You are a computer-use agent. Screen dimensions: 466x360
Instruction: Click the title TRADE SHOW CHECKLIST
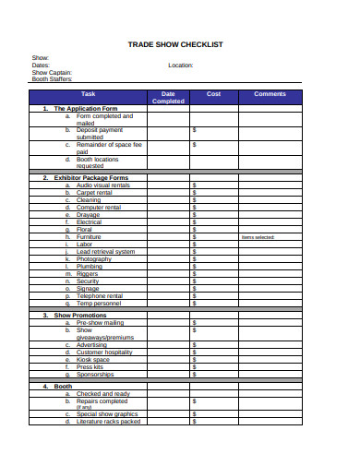[x=180, y=44]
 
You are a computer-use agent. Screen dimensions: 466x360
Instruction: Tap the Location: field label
[x=180, y=66]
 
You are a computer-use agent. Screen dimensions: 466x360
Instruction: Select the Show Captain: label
[x=52, y=72]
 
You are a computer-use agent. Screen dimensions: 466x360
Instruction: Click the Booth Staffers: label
[x=52, y=78]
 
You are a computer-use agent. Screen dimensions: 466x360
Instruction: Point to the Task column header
[x=88, y=94]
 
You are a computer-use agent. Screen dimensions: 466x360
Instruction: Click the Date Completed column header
[x=168, y=97]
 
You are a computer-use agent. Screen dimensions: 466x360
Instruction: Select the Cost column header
[x=213, y=94]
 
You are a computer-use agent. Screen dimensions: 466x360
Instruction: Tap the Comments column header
[x=270, y=94]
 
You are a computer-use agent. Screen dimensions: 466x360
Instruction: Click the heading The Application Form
[x=85, y=109]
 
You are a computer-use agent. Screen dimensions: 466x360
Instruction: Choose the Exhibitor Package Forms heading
[x=91, y=177]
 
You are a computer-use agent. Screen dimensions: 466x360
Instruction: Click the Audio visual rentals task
[x=103, y=185]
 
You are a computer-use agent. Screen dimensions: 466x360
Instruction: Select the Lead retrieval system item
[x=105, y=251]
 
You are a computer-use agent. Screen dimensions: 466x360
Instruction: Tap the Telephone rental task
[x=100, y=295]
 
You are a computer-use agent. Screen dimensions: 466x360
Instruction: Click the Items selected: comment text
[x=258, y=236]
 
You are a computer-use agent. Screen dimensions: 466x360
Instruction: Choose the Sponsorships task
[x=95, y=375]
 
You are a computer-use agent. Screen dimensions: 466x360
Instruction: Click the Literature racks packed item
[x=108, y=421]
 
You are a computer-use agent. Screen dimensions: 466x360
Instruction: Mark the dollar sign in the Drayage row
[x=194, y=214]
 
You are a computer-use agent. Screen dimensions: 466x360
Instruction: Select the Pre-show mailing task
[x=101, y=323]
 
